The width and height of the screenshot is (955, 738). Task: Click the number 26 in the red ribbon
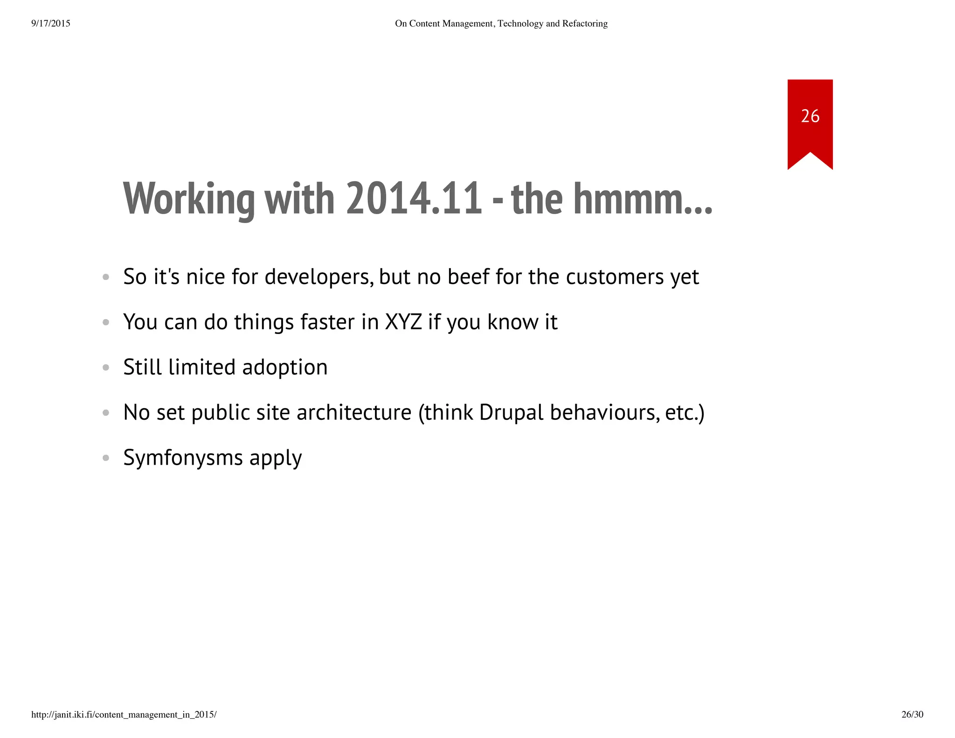[810, 116]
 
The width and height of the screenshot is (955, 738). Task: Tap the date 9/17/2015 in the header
[51, 23]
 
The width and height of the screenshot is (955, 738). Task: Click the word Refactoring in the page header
[585, 23]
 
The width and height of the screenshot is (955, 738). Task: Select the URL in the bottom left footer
[124, 714]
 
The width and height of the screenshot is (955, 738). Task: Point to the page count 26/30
[912, 714]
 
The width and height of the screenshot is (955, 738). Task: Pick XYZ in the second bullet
[403, 322]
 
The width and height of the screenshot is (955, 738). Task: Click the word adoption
[284, 367]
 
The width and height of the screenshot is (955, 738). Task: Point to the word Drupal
[511, 412]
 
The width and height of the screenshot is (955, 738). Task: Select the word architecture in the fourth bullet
[354, 412]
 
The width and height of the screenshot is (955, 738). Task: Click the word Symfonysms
[183, 458]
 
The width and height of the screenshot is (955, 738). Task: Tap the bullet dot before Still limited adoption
[106, 368]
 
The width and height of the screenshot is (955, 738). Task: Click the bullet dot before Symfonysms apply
[106, 458]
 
